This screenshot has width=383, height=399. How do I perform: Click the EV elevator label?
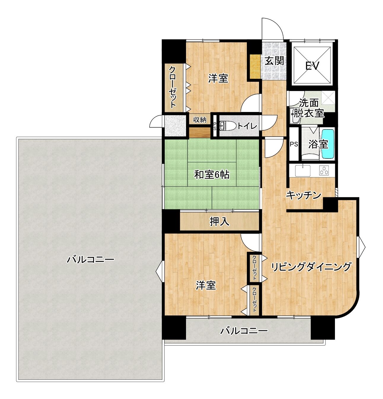tap(312, 66)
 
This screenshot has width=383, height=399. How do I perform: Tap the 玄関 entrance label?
tap(274, 61)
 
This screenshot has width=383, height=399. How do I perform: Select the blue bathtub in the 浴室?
tap(328, 144)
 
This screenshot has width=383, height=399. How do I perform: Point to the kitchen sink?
tap(303, 170)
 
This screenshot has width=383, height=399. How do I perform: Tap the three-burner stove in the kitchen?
tap(324, 170)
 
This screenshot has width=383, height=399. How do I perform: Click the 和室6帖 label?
tap(212, 175)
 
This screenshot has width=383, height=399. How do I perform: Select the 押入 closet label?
tap(219, 222)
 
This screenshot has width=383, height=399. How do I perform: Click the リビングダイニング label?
tap(311, 267)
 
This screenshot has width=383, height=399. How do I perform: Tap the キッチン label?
tap(303, 195)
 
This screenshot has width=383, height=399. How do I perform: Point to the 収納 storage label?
tap(200, 120)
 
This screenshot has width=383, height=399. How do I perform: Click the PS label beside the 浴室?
tap(294, 144)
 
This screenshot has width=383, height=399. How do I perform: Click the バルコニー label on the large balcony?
tap(90, 260)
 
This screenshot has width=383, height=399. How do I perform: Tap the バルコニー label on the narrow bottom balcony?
tap(244, 331)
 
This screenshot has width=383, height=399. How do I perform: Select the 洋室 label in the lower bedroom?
tap(206, 286)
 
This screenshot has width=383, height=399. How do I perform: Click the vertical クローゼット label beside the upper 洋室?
tap(172, 87)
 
